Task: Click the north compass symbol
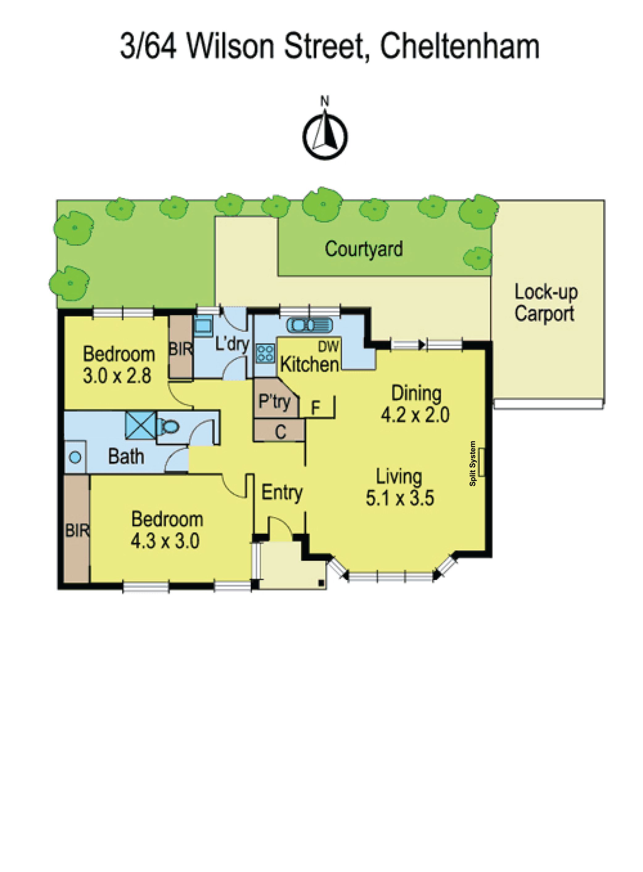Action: coord(325,133)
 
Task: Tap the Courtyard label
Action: coord(364,249)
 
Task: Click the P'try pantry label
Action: coord(275,401)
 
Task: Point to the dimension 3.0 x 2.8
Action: coord(117,376)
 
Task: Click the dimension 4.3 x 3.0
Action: coord(165,541)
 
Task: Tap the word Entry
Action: coord(282,493)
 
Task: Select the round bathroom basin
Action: coord(76,457)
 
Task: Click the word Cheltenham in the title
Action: coord(459,47)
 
